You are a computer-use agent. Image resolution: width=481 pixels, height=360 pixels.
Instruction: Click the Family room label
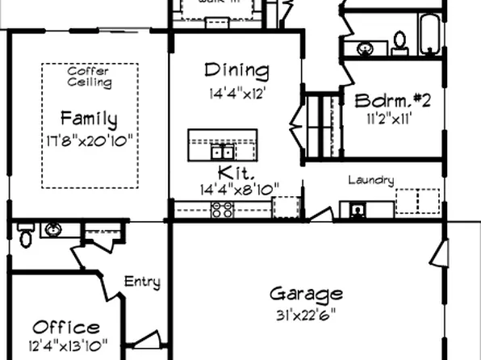pos(89,120)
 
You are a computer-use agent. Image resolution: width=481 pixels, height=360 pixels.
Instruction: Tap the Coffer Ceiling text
pos(89,77)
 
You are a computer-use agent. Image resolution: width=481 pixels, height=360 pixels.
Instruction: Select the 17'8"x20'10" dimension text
pos(89,140)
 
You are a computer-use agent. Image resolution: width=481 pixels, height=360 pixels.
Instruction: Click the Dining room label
pos(236,71)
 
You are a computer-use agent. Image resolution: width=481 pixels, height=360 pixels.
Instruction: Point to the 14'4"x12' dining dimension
pos(236,92)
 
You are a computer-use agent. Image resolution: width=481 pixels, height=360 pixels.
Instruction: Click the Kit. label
pos(236,173)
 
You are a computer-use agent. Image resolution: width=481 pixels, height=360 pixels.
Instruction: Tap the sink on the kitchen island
pos(223,151)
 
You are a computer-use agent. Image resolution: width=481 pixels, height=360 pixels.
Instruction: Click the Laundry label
pos(371,180)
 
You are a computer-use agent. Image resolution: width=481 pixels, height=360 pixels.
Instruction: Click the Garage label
pos(306,294)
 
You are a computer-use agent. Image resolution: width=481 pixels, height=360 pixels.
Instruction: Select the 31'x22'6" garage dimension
pos(306,313)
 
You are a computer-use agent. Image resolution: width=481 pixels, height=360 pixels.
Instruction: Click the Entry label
pos(141,283)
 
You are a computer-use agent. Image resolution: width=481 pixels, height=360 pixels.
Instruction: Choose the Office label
pos(66,328)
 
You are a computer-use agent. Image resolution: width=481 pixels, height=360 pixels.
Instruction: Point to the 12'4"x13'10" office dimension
pos(66,348)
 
